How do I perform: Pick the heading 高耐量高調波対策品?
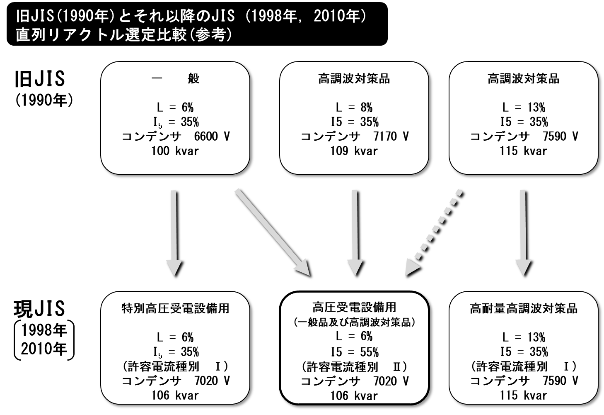[x=524, y=308]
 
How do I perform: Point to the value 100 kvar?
[x=175, y=151]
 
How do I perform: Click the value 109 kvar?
[x=354, y=151]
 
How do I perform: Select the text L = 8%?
[x=354, y=107]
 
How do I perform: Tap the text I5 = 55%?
[x=354, y=352]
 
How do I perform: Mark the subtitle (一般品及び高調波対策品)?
[x=354, y=322]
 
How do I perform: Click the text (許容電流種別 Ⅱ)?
[x=354, y=366]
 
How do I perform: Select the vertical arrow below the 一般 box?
[x=174, y=232]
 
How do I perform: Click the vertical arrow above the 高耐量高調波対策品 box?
[x=523, y=232]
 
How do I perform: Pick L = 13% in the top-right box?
[x=524, y=107]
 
